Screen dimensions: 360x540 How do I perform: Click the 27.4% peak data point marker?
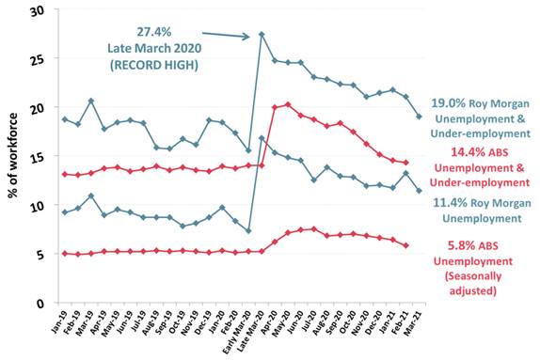coord(261,36)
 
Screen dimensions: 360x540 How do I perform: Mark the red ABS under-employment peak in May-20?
coord(287,104)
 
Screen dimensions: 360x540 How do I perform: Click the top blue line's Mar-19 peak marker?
coord(90,101)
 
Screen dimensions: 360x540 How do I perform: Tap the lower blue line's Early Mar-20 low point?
coord(247,231)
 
